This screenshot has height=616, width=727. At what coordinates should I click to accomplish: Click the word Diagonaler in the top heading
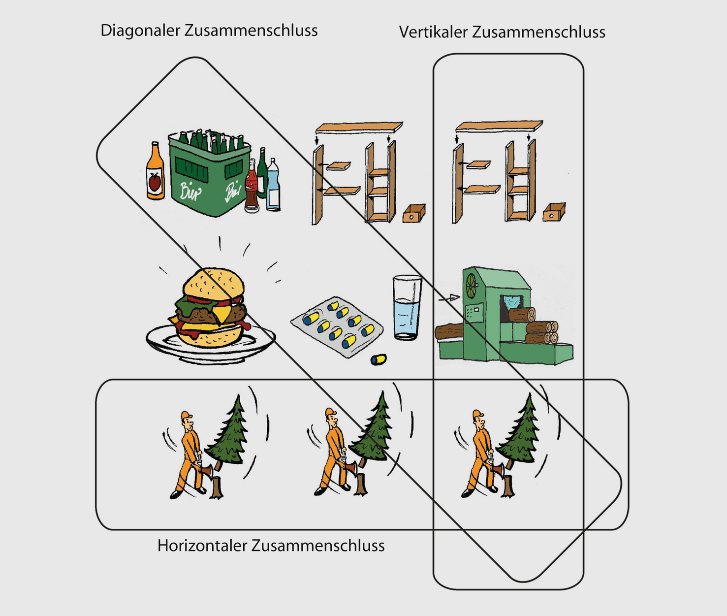(x=140, y=31)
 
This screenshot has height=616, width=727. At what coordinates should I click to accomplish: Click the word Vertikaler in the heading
(x=433, y=32)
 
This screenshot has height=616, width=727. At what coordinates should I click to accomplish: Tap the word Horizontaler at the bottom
(x=202, y=546)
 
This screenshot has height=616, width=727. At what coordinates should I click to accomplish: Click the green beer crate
(x=209, y=175)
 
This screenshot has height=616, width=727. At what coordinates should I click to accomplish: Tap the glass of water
(x=407, y=308)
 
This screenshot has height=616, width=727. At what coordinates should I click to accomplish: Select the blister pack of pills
(x=337, y=325)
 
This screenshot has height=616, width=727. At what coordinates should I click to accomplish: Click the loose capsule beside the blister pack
(x=379, y=359)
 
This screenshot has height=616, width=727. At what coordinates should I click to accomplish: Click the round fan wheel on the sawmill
(x=471, y=285)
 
